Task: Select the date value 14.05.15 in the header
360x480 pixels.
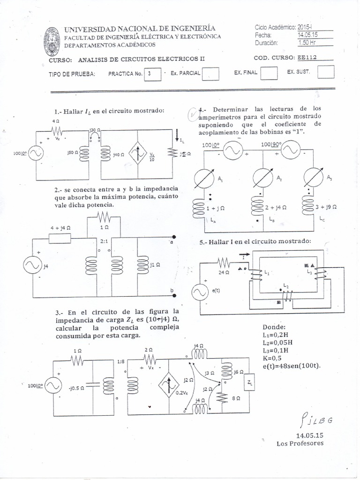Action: tap(307, 35)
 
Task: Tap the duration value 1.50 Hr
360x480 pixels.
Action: tap(307, 43)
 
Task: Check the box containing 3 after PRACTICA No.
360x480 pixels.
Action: tap(152, 74)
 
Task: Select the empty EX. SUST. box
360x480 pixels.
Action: tap(326, 72)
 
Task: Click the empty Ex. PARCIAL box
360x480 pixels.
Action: tap(211, 74)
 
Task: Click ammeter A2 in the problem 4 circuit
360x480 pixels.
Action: tap(262, 177)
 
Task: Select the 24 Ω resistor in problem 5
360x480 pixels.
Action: tap(224, 262)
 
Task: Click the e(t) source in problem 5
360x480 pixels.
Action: tap(199, 293)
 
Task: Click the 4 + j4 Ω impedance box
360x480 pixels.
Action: tap(60, 238)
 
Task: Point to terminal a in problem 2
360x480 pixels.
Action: tap(174, 237)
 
